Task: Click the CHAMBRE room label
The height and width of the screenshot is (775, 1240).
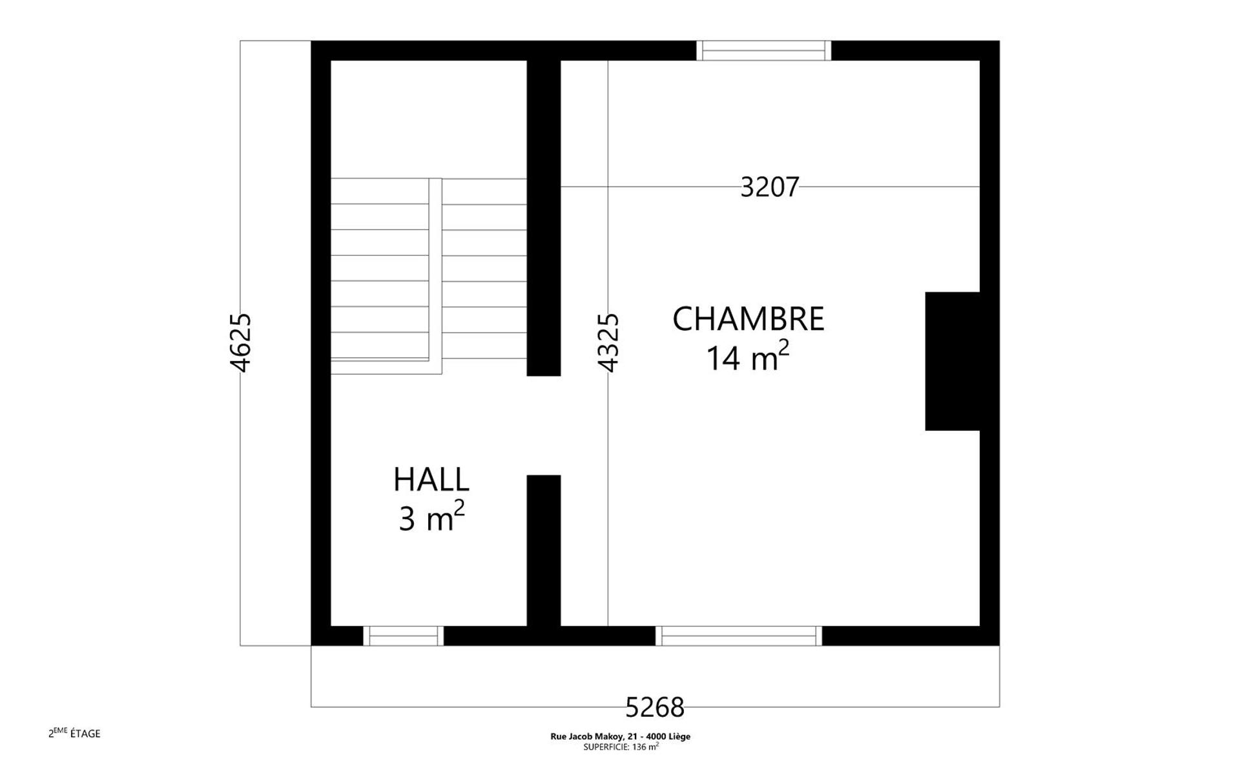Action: point(749,319)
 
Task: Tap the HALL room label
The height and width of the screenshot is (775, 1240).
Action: point(431,480)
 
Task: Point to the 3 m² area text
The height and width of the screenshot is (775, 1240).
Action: point(431,517)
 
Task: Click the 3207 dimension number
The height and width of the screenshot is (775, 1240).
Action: point(770,187)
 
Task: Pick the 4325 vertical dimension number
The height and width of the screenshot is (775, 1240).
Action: point(608,343)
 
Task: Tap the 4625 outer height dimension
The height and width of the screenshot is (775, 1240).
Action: point(240,343)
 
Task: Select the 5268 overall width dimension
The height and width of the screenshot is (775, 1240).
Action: point(655,707)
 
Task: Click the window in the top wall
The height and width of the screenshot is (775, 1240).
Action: point(763,50)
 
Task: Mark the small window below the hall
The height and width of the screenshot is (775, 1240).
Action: point(403,636)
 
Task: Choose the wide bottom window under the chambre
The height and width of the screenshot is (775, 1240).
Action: point(739,636)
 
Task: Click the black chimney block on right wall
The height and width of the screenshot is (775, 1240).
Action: point(953,361)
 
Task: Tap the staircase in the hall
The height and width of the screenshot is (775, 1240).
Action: point(429,276)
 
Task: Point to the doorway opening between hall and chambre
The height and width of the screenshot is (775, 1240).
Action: point(544,426)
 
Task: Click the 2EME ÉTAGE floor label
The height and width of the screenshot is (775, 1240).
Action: point(74,732)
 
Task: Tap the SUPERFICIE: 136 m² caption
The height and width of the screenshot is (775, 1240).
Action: point(621,747)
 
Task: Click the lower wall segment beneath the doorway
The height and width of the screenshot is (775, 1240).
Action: point(544,550)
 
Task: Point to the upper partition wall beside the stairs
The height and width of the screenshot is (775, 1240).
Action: point(544,218)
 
